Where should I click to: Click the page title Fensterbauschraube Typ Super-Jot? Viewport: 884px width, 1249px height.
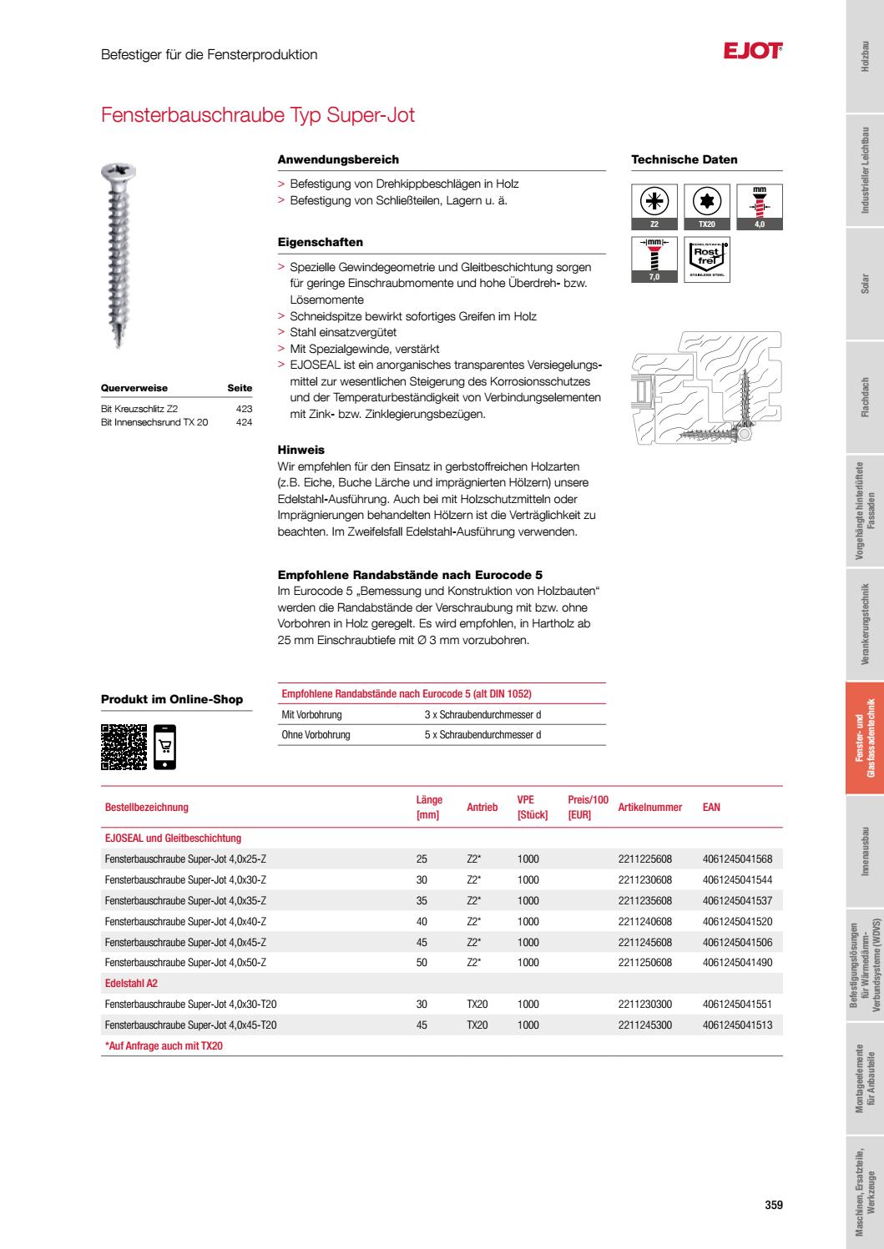click(257, 114)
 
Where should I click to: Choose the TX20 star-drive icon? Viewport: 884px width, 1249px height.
click(707, 206)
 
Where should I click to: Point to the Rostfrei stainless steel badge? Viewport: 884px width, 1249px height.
click(707, 259)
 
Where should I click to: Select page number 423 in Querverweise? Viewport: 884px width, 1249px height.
click(244, 409)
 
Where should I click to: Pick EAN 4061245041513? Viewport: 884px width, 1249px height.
click(737, 1025)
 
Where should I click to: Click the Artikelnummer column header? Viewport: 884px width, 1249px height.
click(649, 807)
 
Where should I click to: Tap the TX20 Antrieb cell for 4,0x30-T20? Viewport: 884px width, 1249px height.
click(477, 1005)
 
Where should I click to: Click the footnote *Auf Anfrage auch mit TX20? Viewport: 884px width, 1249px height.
click(164, 1045)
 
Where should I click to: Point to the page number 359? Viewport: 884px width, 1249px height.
click(774, 1204)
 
